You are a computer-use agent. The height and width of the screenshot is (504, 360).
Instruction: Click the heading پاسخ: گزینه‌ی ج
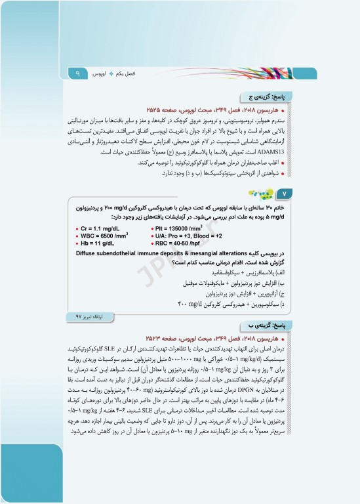pyautogui.click(x=258, y=95)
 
